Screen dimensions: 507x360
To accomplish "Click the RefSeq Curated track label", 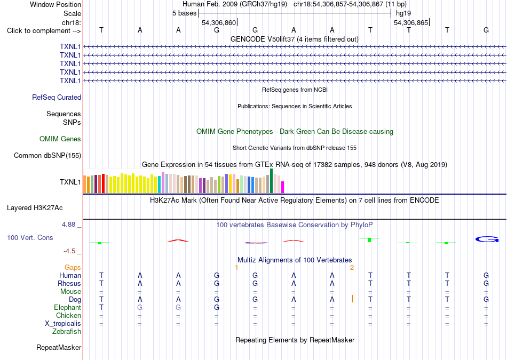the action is coord(57,97).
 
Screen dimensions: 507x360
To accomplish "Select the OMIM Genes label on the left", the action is coord(60,139).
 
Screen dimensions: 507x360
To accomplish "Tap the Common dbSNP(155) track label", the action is coord(47,155).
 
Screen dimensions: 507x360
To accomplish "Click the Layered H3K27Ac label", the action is coord(35,208).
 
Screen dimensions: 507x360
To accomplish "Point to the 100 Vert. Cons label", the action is coord(30,237).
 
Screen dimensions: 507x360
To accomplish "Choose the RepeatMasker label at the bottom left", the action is coord(59,347).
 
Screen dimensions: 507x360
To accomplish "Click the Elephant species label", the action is coord(68,307).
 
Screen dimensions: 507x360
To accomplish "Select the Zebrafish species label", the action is coord(67,331).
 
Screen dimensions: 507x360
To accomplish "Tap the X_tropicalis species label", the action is coord(63,324).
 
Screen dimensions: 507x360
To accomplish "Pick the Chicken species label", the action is coord(68,315).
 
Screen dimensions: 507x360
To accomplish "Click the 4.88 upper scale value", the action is coord(68,225).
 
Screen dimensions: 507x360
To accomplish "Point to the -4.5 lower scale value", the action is coord(69,251).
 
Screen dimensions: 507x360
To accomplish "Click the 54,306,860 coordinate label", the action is coord(219,22).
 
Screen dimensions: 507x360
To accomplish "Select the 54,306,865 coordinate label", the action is coord(411,22).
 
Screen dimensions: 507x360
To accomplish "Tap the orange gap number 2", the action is coord(352,268).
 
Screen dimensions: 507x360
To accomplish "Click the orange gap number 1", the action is coord(236,268).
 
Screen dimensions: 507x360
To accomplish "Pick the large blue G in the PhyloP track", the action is coord(487,239).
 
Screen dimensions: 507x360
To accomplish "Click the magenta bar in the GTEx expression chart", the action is coord(282,187).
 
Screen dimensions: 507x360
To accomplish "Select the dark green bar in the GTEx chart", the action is coord(271,181).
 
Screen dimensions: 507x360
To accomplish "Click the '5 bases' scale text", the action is coord(184,13).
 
